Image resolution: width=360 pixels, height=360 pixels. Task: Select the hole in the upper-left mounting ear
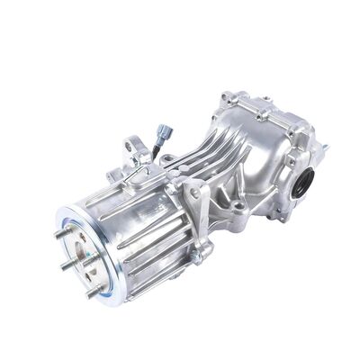tap(132, 144)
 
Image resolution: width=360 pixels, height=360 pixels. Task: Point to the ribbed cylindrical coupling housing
tap(135, 229)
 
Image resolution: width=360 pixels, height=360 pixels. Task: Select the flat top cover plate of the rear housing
tap(270, 112)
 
